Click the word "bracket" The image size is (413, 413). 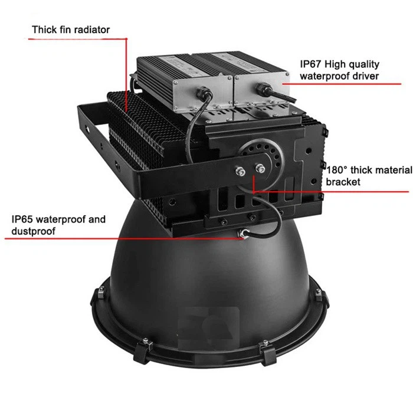tap(343, 182)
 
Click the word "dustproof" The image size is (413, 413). tap(34, 231)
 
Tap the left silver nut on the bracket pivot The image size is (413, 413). tap(240, 172)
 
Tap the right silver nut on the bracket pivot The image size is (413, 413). tap(260, 168)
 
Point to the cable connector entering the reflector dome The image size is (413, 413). tap(243, 234)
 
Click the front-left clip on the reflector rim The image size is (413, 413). tap(143, 350)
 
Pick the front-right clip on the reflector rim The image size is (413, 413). tap(268, 352)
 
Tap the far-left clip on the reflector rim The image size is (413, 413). tap(101, 293)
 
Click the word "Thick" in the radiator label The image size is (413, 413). tap(44, 29)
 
